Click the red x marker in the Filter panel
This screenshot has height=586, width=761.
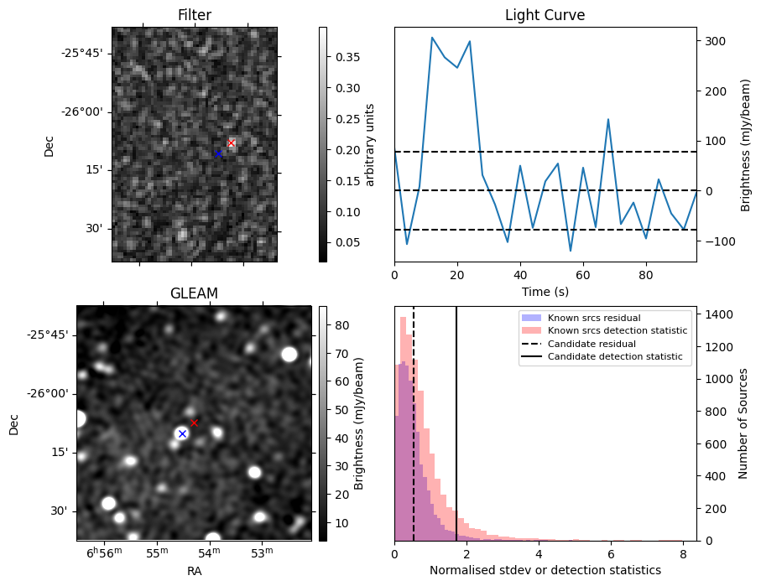point(232,143)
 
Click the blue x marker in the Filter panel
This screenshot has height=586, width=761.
point(218,153)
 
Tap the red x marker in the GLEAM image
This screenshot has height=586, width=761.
point(194,423)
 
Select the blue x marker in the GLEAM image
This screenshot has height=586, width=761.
point(182,433)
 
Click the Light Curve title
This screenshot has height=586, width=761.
point(545,16)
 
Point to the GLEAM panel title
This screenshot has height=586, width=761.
point(194,293)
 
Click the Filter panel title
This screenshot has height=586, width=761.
point(195,16)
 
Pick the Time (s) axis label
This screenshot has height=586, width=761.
point(545,290)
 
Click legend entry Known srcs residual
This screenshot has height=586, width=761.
point(594,318)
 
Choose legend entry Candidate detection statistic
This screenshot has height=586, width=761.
point(614,357)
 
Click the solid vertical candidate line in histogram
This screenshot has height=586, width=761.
point(456,419)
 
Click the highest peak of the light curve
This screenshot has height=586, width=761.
point(432,38)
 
